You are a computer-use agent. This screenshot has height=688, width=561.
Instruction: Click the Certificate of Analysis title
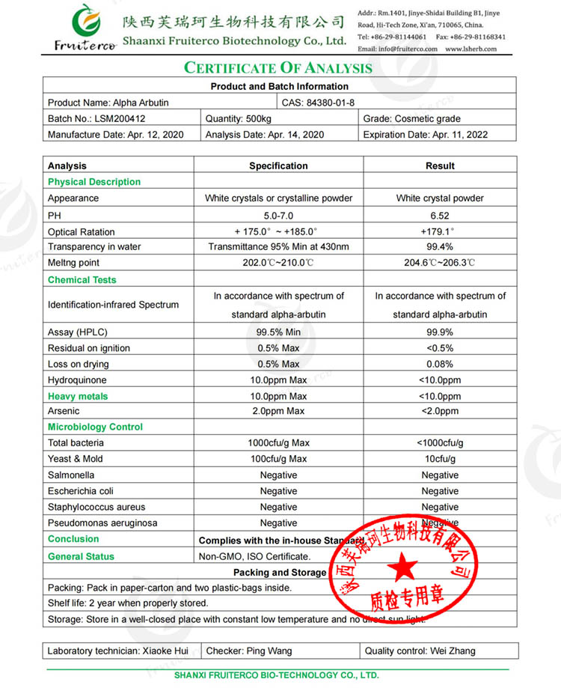(278, 68)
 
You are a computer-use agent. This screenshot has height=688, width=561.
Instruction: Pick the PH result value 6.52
(440, 215)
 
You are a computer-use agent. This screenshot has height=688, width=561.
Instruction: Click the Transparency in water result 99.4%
(440, 247)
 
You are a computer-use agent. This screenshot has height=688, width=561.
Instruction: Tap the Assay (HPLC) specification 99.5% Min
(278, 332)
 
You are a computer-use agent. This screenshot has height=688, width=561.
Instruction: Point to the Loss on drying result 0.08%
(440, 364)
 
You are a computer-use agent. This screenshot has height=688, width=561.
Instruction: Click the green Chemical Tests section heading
(82, 280)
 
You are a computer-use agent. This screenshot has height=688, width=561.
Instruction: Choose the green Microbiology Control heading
(95, 427)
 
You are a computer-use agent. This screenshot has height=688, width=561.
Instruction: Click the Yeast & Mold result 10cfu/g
(440, 459)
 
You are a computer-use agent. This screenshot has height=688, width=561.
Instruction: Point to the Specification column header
(278, 165)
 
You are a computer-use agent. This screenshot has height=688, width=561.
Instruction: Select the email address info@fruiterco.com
(397, 49)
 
